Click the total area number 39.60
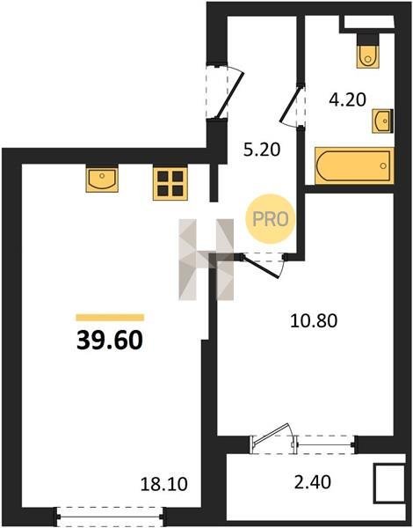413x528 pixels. click(110, 340)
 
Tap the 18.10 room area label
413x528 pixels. click(163, 484)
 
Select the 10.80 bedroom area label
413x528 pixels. click(314, 320)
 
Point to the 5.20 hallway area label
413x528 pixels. click(262, 150)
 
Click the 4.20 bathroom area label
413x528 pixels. click(347, 100)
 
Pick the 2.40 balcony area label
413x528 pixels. click(313, 482)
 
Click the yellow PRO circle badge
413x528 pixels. click(271, 219)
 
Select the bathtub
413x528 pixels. click(354, 165)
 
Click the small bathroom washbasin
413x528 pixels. click(382, 121)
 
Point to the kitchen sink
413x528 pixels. click(102, 179)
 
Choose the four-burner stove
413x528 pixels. click(170, 184)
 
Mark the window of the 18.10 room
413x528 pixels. click(110, 517)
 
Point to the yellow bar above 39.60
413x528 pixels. click(110, 318)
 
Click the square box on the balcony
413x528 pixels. click(389, 483)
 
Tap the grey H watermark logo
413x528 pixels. click(206, 260)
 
